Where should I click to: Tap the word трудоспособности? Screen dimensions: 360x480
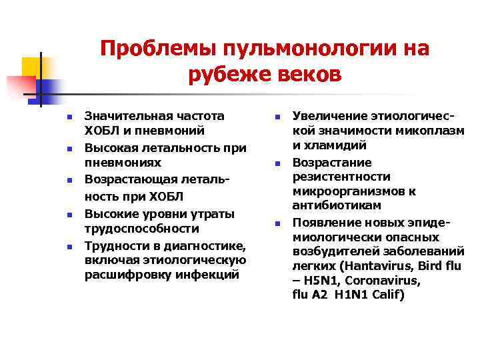coord(141,229)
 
